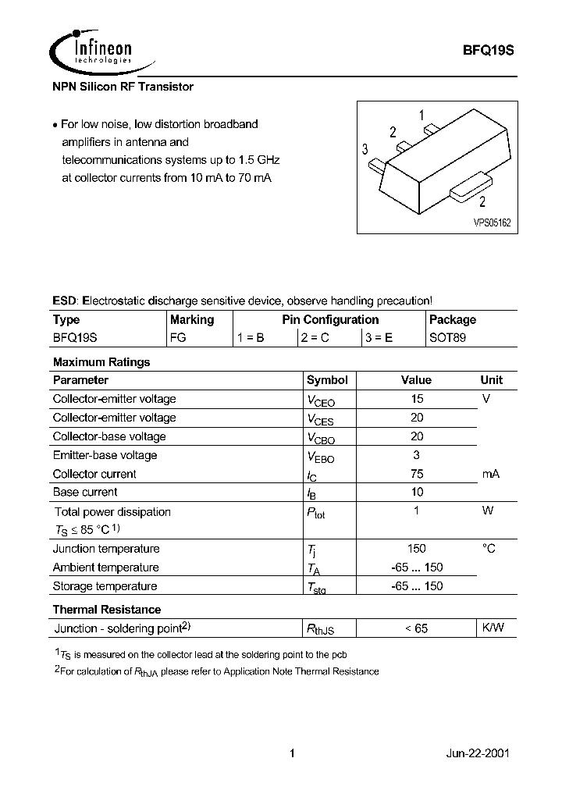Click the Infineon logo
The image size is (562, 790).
91,48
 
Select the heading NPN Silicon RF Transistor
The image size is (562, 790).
123,87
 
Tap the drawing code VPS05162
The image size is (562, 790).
492,222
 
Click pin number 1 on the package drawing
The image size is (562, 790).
421,116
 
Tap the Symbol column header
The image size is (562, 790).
327,380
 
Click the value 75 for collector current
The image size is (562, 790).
416,474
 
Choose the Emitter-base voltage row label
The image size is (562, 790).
105,455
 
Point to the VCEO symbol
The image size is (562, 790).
321,400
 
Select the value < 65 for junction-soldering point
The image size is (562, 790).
416,628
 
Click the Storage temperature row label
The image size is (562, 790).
105,586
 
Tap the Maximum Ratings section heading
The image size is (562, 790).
101,362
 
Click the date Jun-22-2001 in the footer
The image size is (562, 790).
478,754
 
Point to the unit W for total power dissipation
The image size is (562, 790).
487,511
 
